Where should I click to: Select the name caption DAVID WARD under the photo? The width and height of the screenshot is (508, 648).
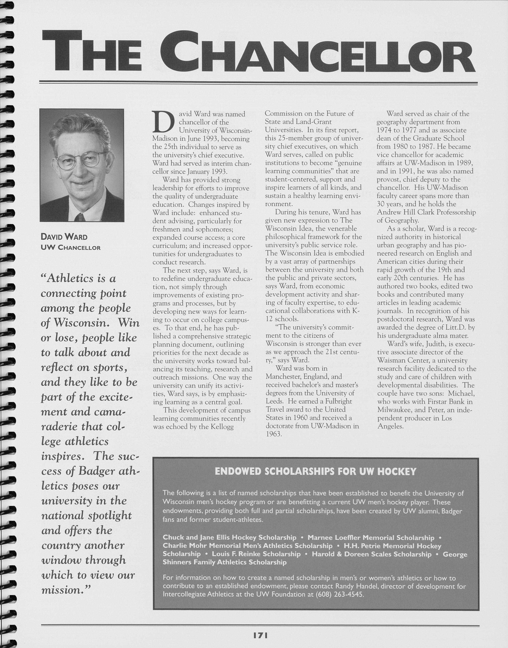pyautogui.click(x=64, y=237)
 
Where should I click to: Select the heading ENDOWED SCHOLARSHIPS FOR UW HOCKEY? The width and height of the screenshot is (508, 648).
pyautogui.click(x=315, y=472)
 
